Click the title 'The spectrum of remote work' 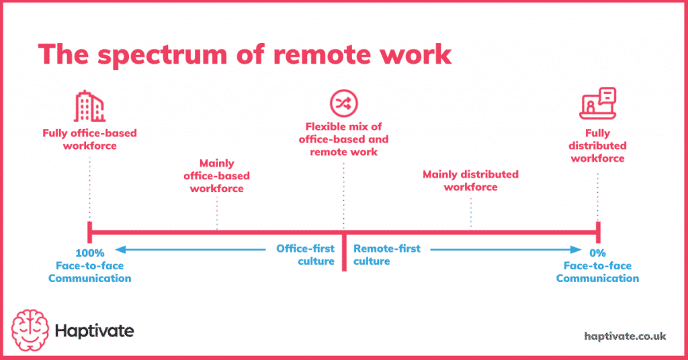[x=245, y=54]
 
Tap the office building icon [x=89, y=107]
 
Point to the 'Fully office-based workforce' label [x=89, y=139]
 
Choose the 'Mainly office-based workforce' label [x=216, y=176]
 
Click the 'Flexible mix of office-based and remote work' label [x=343, y=139]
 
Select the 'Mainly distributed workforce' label [x=470, y=181]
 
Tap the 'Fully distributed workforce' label [x=597, y=146]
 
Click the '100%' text [x=89, y=253]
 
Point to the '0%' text [x=597, y=253]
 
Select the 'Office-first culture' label [x=305, y=255]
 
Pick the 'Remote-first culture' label [x=387, y=255]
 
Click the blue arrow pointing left [x=195, y=250]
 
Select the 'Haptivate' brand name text [x=95, y=330]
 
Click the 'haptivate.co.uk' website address [x=625, y=336]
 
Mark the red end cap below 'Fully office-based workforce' [x=89, y=232]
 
